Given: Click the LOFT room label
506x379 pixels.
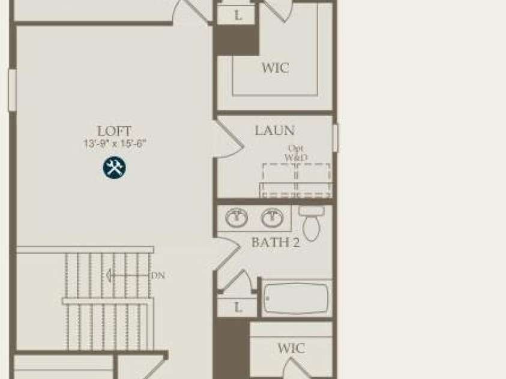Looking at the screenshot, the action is (x=115, y=131).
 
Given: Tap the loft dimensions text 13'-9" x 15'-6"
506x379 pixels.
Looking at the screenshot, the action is (x=115, y=143).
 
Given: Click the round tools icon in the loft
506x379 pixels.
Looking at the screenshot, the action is (x=114, y=167).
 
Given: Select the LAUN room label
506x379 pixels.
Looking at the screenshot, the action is (x=275, y=130).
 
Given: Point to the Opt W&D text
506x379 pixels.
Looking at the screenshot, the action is (x=296, y=153).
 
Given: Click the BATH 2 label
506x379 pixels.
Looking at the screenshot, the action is (x=276, y=242).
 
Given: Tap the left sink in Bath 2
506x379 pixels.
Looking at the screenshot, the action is (x=236, y=217).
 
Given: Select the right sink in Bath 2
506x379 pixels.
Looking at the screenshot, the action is (x=273, y=217).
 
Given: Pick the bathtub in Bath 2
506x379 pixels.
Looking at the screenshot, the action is (x=297, y=299).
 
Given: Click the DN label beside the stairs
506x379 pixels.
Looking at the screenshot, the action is (x=158, y=275).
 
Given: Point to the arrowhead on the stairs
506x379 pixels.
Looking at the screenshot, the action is (x=110, y=275).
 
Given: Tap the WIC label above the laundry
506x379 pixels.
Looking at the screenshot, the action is (x=275, y=68).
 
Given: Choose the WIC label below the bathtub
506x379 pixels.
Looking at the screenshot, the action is (x=291, y=348).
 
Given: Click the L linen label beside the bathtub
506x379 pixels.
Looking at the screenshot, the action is (x=238, y=308).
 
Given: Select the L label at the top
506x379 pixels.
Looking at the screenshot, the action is (x=238, y=15).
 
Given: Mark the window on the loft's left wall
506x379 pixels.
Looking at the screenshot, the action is (x=12, y=90).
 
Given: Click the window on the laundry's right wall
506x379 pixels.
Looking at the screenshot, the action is (x=336, y=138).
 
